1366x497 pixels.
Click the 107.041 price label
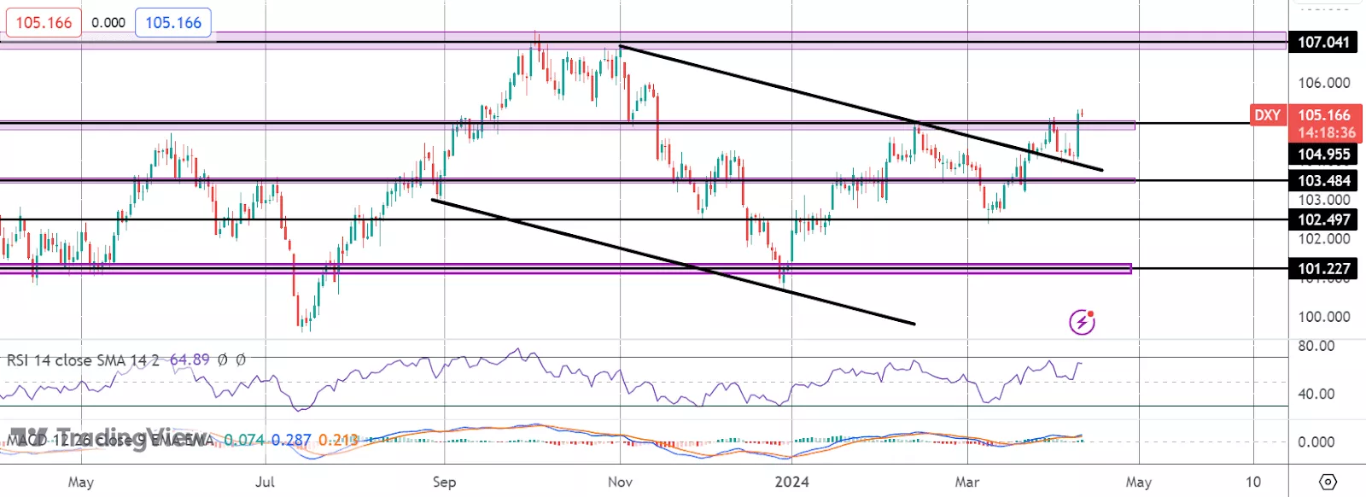click(x=1323, y=42)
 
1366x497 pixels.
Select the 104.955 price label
click(x=1323, y=155)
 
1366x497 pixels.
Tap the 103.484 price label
click(x=1323, y=181)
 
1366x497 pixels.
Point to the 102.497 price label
click(x=1323, y=219)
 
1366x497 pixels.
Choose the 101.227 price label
click(x=1323, y=269)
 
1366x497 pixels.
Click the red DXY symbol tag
click(x=1267, y=115)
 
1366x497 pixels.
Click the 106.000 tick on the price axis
click(x=1323, y=83)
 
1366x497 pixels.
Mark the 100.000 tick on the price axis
click(x=1323, y=317)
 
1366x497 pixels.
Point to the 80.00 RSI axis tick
click(x=1316, y=346)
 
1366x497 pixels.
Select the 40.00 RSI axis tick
click(x=1316, y=394)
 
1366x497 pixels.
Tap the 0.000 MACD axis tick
click(x=1316, y=442)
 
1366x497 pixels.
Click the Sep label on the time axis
click(x=444, y=482)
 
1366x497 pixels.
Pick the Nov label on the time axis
click(x=620, y=482)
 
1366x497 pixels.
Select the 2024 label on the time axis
click(x=791, y=482)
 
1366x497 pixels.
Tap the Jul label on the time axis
click(x=265, y=482)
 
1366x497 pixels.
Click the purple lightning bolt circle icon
click(x=1082, y=322)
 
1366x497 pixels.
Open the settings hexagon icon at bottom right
click(x=1328, y=482)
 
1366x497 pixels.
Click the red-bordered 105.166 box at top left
click(x=44, y=23)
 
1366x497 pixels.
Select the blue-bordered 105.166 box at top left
click(x=173, y=23)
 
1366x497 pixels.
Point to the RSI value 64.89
click(x=190, y=360)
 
